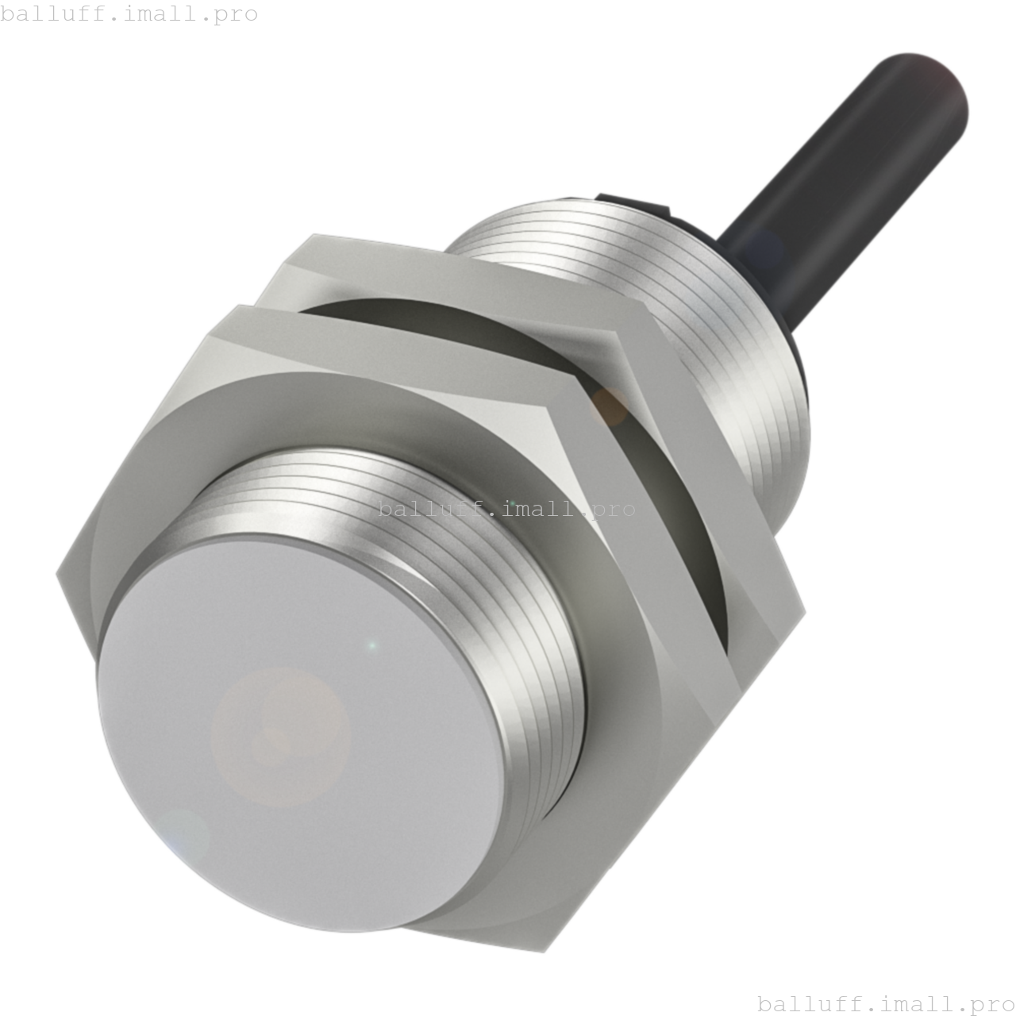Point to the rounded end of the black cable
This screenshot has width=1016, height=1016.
tap(937, 87)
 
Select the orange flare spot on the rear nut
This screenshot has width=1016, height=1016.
tap(610, 405)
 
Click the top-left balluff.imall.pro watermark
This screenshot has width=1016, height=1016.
tap(129, 13)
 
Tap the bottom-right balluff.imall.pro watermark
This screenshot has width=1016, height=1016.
tap(886, 1004)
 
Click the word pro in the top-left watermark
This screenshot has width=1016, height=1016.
tap(236, 15)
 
